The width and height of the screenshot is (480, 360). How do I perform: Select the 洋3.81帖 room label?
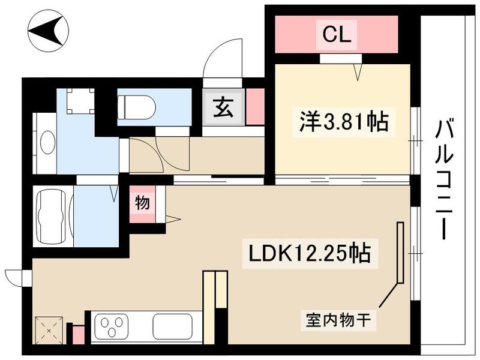point(344,122)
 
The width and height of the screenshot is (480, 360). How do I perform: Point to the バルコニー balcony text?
point(445,179)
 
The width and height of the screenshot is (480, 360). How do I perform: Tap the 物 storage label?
point(142,203)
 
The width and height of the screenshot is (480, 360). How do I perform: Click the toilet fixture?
point(137,107)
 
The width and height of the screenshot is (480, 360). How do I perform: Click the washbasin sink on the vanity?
point(47,143)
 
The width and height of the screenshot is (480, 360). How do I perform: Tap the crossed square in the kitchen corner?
point(47,329)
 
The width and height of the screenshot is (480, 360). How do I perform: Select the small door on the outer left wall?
point(16,277)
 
